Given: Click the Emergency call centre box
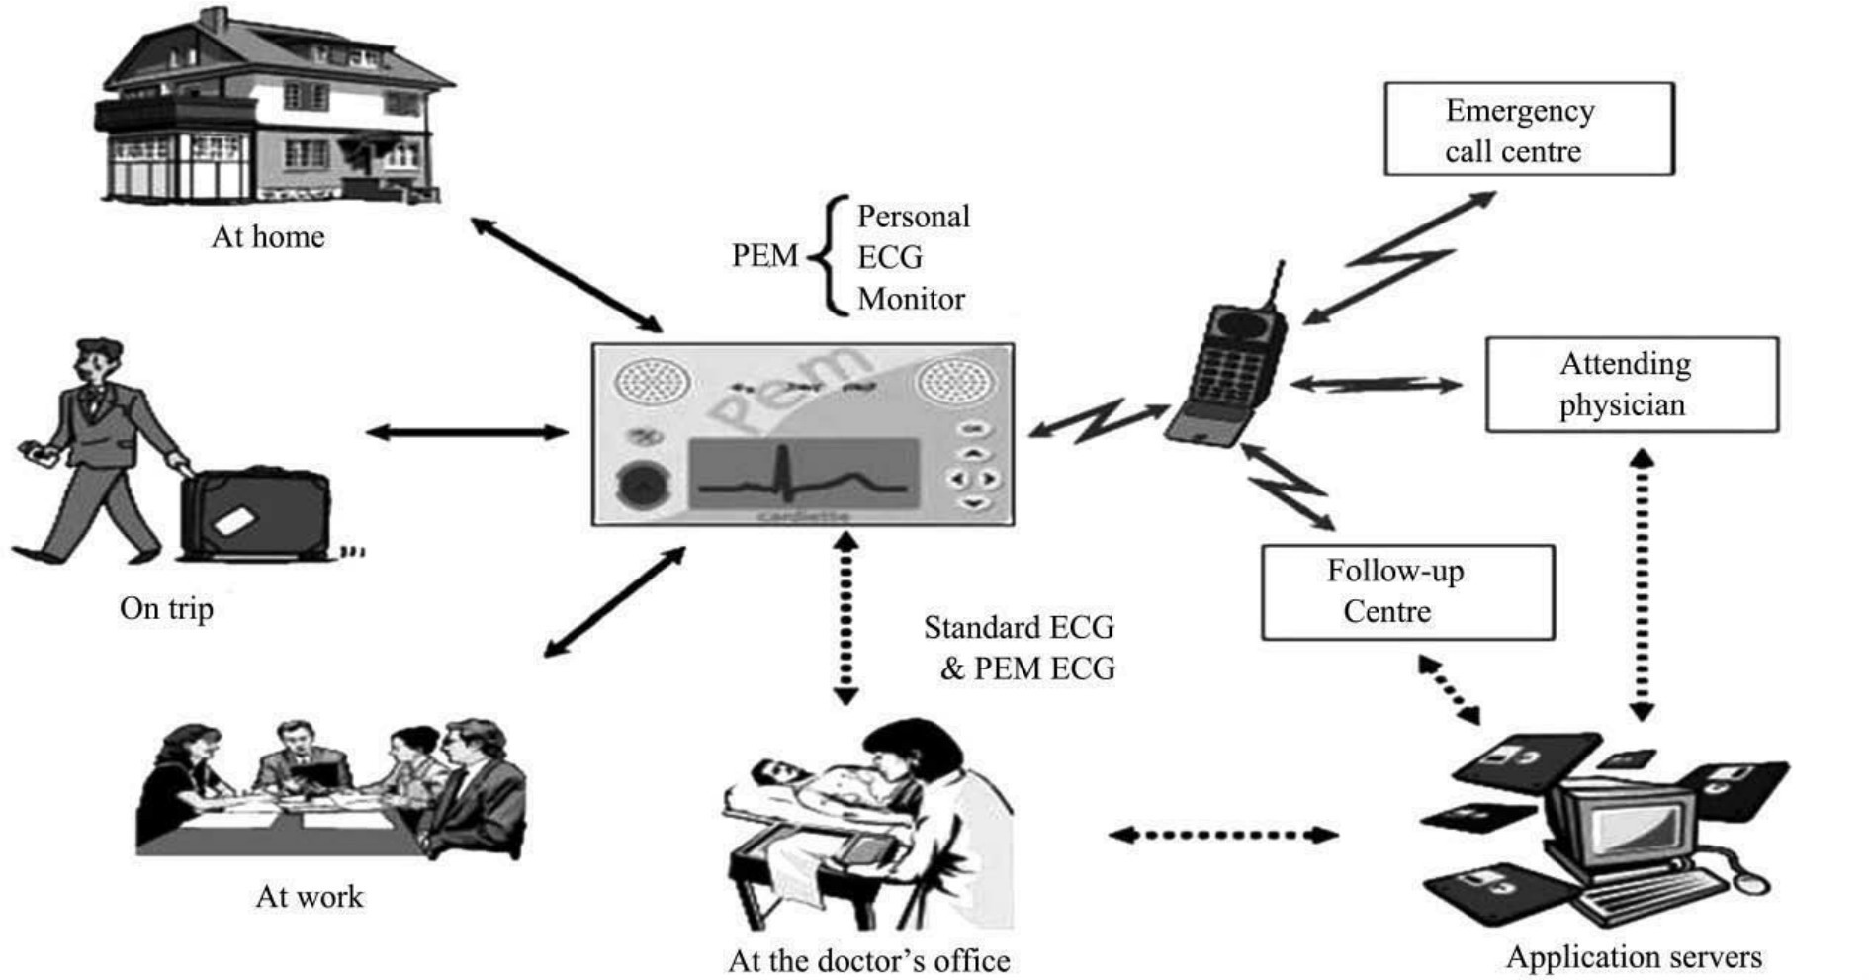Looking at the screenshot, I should (1528, 130).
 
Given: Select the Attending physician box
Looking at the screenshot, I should (1631, 385).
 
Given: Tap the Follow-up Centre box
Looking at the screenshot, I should (1406, 591).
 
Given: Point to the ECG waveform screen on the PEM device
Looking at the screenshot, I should (803, 474).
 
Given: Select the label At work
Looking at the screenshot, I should (310, 897).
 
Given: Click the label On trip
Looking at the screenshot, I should (166, 608).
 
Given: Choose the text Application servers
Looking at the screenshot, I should (1634, 957).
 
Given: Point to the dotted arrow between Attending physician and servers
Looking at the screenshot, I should (1641, 583).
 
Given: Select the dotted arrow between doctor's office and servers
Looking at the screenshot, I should (1223, 836).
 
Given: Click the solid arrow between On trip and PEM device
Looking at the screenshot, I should (467, 432).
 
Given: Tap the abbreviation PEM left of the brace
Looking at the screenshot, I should (764, 256).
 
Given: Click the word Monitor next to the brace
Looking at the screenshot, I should (911, 299).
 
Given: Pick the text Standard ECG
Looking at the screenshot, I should (1019, 627).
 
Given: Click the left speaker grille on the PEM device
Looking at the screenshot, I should (650, 381).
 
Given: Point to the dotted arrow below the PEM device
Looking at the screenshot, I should (845, 618).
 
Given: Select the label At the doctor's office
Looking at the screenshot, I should (868, 960).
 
